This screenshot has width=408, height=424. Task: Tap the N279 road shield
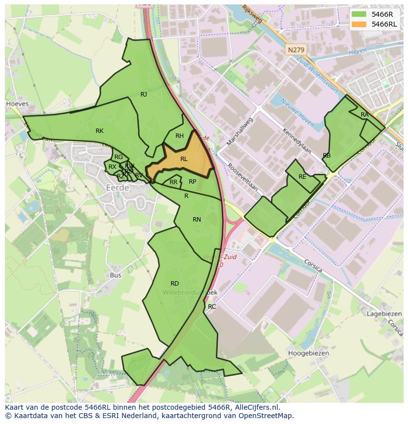(x=296, y=50)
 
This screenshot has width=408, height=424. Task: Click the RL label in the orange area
(x=184, y=159)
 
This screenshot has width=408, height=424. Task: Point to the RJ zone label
(x=144, y=95)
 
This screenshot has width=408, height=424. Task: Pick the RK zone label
(x=100, y=131)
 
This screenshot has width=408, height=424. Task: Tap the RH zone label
(x=179, y=136)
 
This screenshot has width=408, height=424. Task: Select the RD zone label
(x=174, y=284)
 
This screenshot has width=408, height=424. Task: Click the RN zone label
(x=197, y=220)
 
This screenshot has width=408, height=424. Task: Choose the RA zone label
(x=364, y=115)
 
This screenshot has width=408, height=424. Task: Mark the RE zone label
(x=302, y=177)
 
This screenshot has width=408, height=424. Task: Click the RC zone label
(x=212, y=307)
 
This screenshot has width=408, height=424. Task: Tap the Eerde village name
(x=118, y=188)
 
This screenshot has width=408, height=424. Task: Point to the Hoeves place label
(x=17, y=104)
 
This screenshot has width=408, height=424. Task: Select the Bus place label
(x=116, y=275)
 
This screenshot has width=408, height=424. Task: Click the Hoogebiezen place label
(x=308, y=353)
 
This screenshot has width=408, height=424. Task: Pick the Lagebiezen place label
(x=384, y=314)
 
